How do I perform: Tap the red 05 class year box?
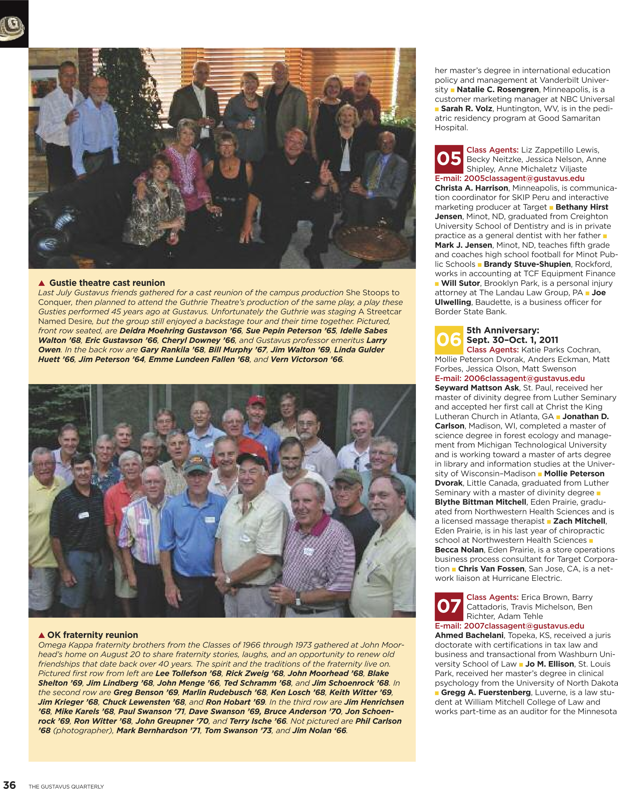tap(449, 159)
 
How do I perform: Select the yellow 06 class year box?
tap(449, 340)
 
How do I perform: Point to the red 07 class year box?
tap(449, 607)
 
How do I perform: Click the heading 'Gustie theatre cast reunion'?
tap(107, 283)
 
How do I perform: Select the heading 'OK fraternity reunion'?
tap(93, 635)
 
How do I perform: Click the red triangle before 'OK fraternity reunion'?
tap(42, 635)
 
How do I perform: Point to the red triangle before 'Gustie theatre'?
tap(42, 283)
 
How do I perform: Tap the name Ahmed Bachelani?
tap(469, 635)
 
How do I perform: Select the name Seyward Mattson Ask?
tap(477, 388)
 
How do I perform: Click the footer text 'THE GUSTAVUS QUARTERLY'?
tap(66, 786)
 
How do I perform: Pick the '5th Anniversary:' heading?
tap(502, 330)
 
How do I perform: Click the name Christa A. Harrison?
tap(471, 188)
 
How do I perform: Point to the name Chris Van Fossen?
tap(491, 569)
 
